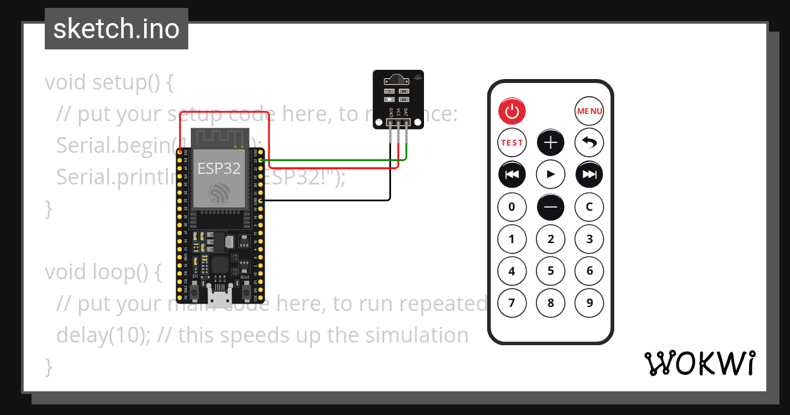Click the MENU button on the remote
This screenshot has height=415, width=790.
coord(589,111)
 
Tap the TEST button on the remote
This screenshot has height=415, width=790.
coord(512,142)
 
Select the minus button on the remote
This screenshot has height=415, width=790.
coord(550,207)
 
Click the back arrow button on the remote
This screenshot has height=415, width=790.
coord(589,142)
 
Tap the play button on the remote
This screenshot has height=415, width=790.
coord(550,175)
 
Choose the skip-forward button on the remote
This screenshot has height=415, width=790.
coord(589,175)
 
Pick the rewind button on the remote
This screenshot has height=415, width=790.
coord(512,175)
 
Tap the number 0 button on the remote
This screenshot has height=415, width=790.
coord(512,207)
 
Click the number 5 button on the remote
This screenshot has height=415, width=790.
coord(550,271)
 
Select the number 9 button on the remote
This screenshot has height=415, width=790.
coord(589,303)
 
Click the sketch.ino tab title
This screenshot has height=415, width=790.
coord(116,29)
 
